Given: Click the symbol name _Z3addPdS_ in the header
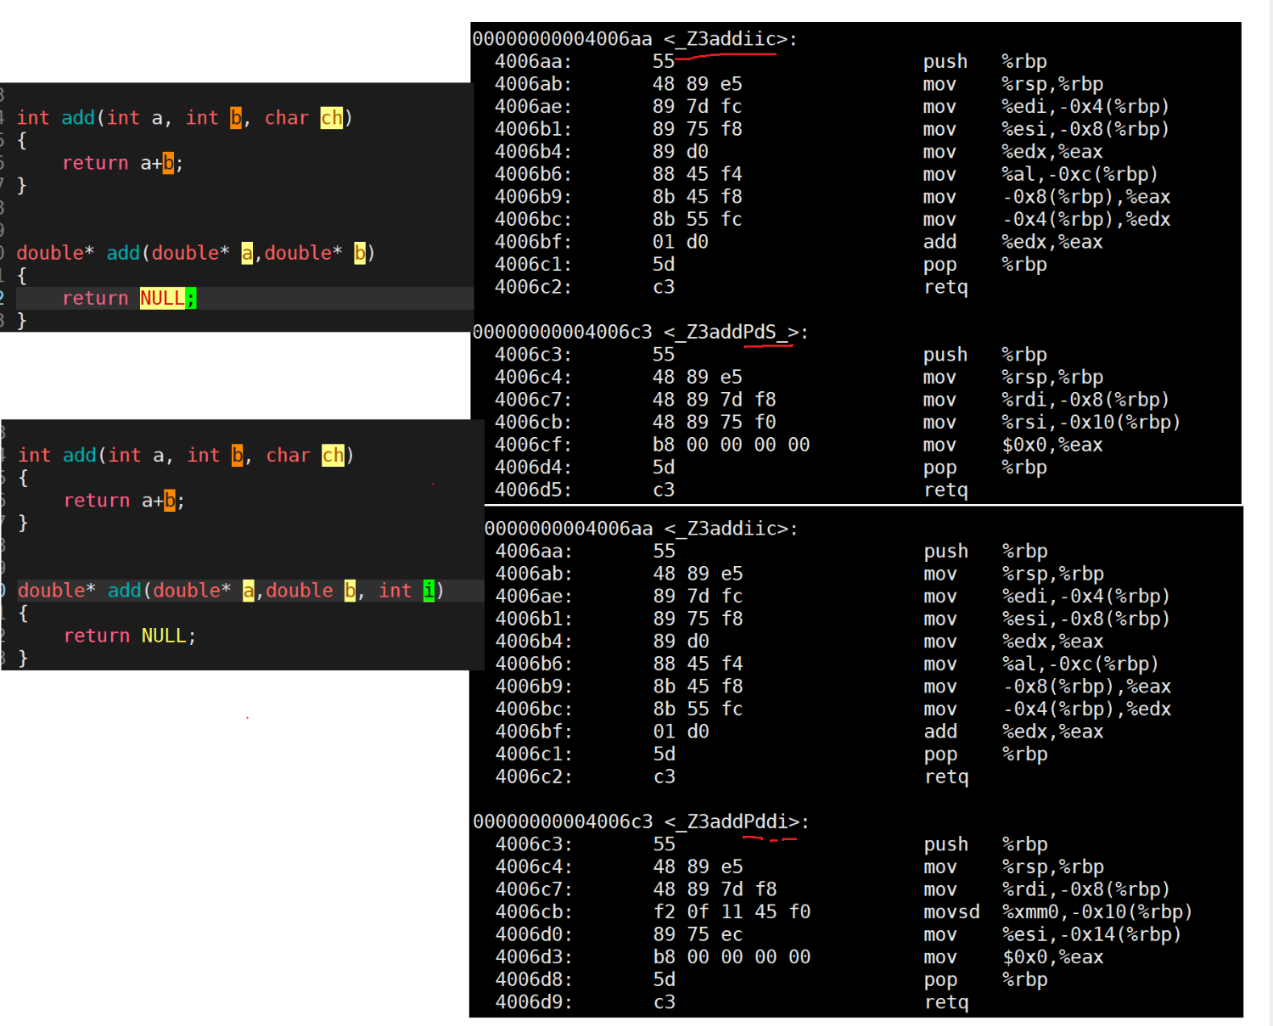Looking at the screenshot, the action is point(737,332).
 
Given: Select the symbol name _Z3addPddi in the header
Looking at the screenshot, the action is point(737,821).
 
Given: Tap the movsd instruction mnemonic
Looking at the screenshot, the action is point(951,912).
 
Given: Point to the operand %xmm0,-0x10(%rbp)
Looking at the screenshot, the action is point(1097,912).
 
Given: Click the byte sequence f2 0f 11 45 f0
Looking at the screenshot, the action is point(732,912).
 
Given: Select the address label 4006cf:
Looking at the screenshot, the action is point(533,445).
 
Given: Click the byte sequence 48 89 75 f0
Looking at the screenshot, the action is point(715,423).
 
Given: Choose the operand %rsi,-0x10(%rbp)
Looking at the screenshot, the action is point(1091,423).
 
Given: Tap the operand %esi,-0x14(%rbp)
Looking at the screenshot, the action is point(1091,934).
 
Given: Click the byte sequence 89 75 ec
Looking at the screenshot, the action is point(698,934).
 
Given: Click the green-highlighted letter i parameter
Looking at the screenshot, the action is point(429,591).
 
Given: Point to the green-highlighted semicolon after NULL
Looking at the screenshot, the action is point(191,299).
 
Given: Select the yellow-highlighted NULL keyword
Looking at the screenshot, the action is point(162,299).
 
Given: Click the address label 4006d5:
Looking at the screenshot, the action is point(533,490).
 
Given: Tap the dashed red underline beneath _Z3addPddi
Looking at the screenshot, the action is point(770,839).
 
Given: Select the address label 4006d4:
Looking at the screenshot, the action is point(533,468).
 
